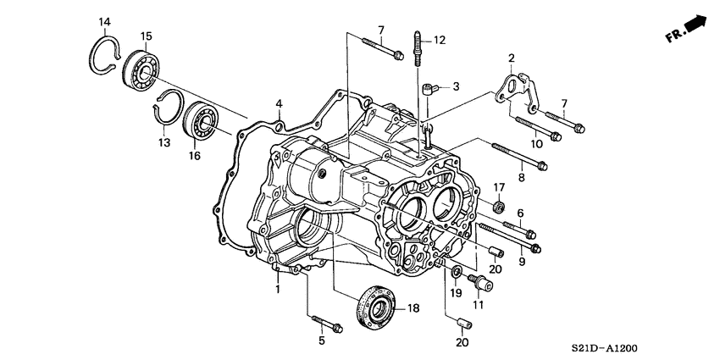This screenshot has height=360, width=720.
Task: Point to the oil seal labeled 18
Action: (x=374, y=307)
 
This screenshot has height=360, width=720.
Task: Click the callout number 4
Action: (x=278, y=104)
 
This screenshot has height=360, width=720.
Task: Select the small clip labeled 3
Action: (x=429, y=86)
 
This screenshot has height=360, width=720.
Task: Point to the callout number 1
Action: (x=276, y=290)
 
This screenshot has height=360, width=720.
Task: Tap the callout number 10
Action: (x=534, y=144)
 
